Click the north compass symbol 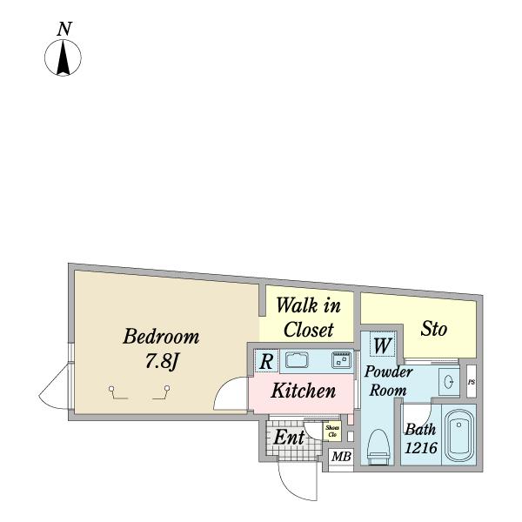click(63, 58)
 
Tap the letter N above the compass click(64, 29)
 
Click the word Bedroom click(161, 337)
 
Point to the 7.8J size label click(162, 360)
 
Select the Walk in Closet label click(308, 318)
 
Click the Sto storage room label click(433, 329)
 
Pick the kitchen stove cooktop click(339, 359)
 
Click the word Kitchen click(303, 391)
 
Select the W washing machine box click(381, 346)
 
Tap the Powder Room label click(388, 381)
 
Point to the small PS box click(472, 382)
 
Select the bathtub click(458, 436)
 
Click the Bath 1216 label click(420, 439)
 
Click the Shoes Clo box click(332, 431)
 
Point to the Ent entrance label click(289, 438)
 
